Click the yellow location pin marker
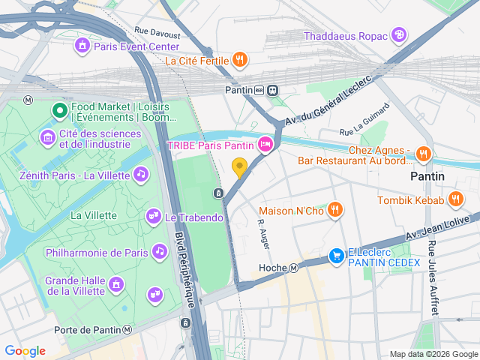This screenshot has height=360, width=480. pyautogui.click(x=239, y=167)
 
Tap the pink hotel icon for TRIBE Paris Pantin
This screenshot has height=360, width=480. pyautogui.click(x=265, y=145)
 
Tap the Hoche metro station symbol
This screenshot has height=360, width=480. pyautogui.click(x=294, y=268)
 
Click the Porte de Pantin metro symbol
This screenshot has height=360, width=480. pyautogui.click(x=128, y=330)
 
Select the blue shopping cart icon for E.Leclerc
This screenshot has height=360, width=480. pyautogui.click(x=337, y=257)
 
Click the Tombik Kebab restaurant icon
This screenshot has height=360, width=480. pyautogui.click(x=455, y=199)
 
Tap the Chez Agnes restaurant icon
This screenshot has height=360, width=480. pyautogui.click(x=424, y=154)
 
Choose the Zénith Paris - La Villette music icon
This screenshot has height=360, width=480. pyautogui.click(x=140, y=174)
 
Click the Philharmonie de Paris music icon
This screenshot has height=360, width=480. pyautogui.click(x=159, y=252)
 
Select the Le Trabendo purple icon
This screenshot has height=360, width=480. pyautogui.click(x=153, y=217)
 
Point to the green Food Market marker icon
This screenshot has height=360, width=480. pyautogui.click(x=60, y=112)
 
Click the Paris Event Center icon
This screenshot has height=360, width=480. pyautogui.click(x=82, y=46)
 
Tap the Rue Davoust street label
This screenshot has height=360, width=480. pyautogui.click(x=157, y=34)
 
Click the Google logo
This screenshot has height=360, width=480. pyautogui.click(x=25, y=351)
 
